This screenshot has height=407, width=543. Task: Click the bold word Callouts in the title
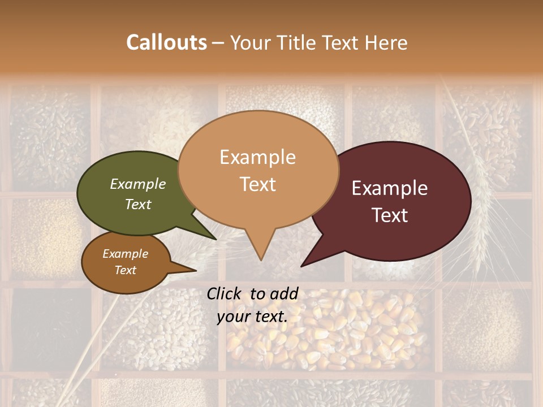(x=166, y=42)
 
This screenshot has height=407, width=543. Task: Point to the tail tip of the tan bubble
(x=261, y=259)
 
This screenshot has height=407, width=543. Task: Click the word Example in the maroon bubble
(x=390, y=188)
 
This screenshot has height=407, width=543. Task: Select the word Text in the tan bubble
(x=258, y=184)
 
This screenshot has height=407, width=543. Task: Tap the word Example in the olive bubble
(x=138, y=184)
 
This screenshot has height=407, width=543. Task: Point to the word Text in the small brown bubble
(x=126, y=270)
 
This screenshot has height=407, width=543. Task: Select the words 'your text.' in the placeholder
(x=252, y=317)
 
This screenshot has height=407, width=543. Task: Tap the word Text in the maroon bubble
(x=390, y=215)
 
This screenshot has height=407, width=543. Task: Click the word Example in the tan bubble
(x=258, y=157)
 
